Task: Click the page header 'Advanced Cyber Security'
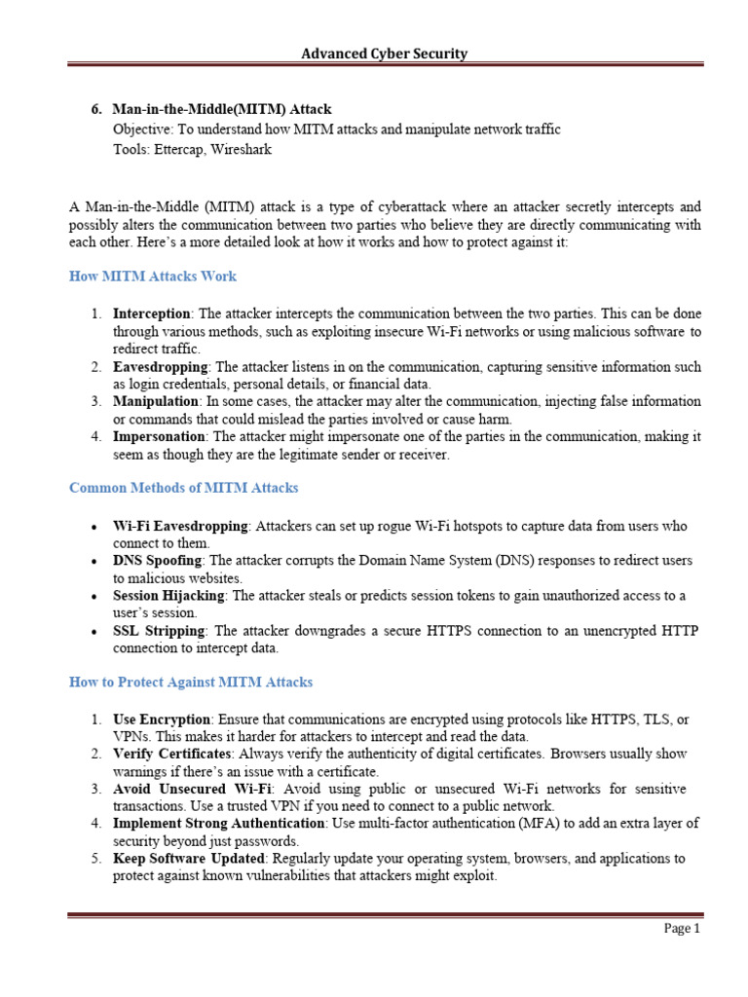(x=384, y=54)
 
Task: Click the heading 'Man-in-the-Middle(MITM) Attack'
(x=229, y=110)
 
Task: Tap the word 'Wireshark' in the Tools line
(x=240, y=149)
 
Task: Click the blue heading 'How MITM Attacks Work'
(x=153, y=276)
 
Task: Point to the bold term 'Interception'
(x=152, y=314)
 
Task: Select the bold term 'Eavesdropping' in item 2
(x=160, y=366)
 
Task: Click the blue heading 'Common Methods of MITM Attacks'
(x=184, y=487)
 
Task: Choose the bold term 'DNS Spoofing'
(x=157, y=561)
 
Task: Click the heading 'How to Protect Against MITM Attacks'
(x=191, y=682)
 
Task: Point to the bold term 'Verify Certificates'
(x=171, y=754)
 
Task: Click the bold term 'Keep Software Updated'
(x=191, y=858)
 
